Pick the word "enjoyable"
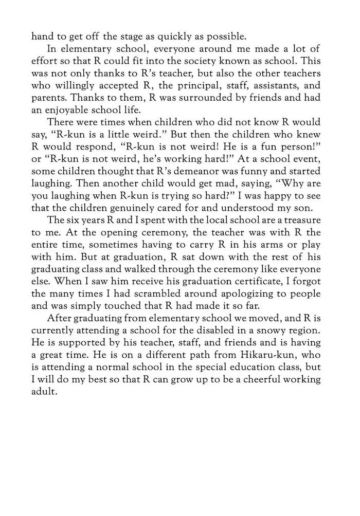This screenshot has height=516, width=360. click(x=69, y=110)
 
